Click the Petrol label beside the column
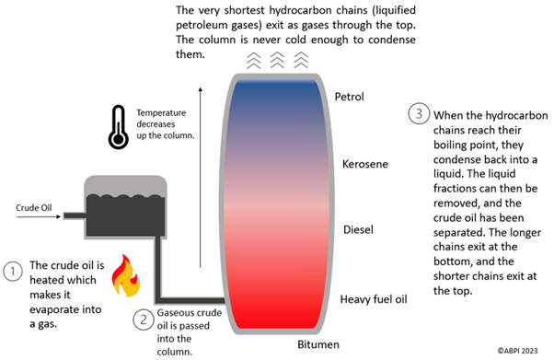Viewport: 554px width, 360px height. [x=350, y=97]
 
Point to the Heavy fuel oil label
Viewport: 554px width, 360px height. [x=373, y=298]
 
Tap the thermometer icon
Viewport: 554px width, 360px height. [x=116, y=126]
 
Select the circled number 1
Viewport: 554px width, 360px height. [x=13, y=272]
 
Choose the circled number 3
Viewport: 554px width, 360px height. [x=419, y=114]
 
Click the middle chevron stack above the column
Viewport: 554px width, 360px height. [x=275, y=61]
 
